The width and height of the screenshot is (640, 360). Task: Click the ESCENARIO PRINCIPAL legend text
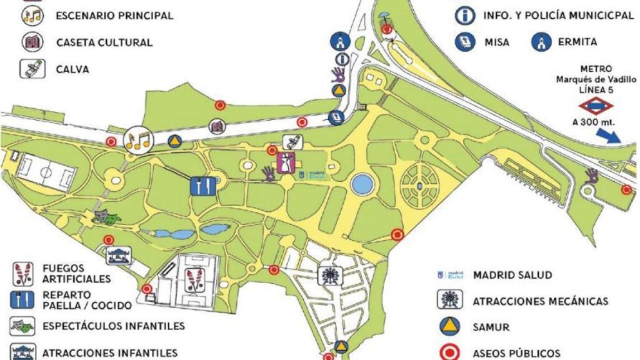pos(114,16)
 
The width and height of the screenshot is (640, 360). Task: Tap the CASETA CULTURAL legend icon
pos(32,42)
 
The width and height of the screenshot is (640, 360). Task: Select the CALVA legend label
pos(72,69)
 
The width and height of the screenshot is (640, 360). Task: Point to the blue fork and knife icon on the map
pos(203,187)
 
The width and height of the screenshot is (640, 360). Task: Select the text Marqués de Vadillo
pos(596,79)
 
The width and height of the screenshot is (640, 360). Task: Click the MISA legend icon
pos(465,42)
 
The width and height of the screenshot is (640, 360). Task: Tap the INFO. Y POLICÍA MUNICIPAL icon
pos(465,16)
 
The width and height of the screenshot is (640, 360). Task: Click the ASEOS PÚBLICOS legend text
pos(516,353)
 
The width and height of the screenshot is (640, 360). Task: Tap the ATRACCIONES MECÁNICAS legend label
pos(540,301)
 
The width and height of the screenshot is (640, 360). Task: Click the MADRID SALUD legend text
pos(512,275)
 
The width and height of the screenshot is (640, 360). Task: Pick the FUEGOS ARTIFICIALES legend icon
pos(22,273)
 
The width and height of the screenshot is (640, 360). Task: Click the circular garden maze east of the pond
pos(420,186)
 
